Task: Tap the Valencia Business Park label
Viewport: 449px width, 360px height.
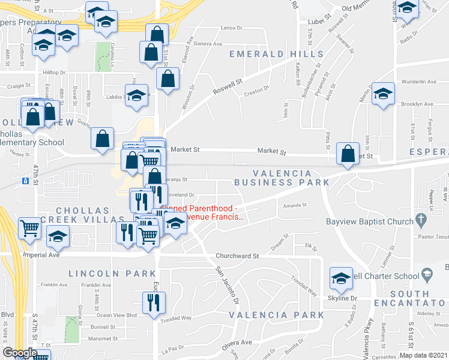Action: pyautogui.click(x=281, y=176)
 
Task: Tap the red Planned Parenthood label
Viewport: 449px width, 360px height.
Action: pyautogui.click(x=203, y=212)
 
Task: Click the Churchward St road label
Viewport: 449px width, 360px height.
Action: pyautogui.click(x=238, y=256)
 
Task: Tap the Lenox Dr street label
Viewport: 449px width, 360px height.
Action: pyautogui.click(x=231, y=28)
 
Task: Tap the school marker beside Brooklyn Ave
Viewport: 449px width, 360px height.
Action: pyautogui.click(x=383, y=94)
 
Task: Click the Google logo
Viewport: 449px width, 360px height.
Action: pyautogui.click(x=20, y=353)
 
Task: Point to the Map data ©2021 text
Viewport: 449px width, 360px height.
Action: pyautogui.click(x=423, y=355)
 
